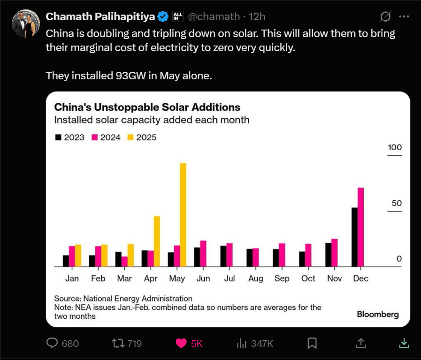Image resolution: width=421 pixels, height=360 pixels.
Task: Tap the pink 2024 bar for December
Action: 361,227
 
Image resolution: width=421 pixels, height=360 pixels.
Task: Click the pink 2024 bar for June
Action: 203,253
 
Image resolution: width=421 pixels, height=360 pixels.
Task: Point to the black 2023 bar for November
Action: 328,254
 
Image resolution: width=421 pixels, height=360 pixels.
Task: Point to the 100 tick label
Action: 395,147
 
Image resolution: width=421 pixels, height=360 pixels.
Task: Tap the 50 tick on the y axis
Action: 397,203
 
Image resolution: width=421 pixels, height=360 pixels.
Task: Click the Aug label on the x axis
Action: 256,278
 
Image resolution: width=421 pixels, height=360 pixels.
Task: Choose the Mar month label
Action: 124,278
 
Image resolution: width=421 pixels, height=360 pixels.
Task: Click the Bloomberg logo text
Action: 378,314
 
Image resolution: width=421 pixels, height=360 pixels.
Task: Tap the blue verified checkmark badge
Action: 163,17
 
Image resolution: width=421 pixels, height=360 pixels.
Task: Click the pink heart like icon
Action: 181,344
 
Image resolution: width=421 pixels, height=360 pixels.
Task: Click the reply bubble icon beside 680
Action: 52,344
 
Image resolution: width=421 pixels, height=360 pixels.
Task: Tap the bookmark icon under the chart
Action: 312,344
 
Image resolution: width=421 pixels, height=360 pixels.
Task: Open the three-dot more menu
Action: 404,16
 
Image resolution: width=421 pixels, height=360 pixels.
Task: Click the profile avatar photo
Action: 26,23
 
